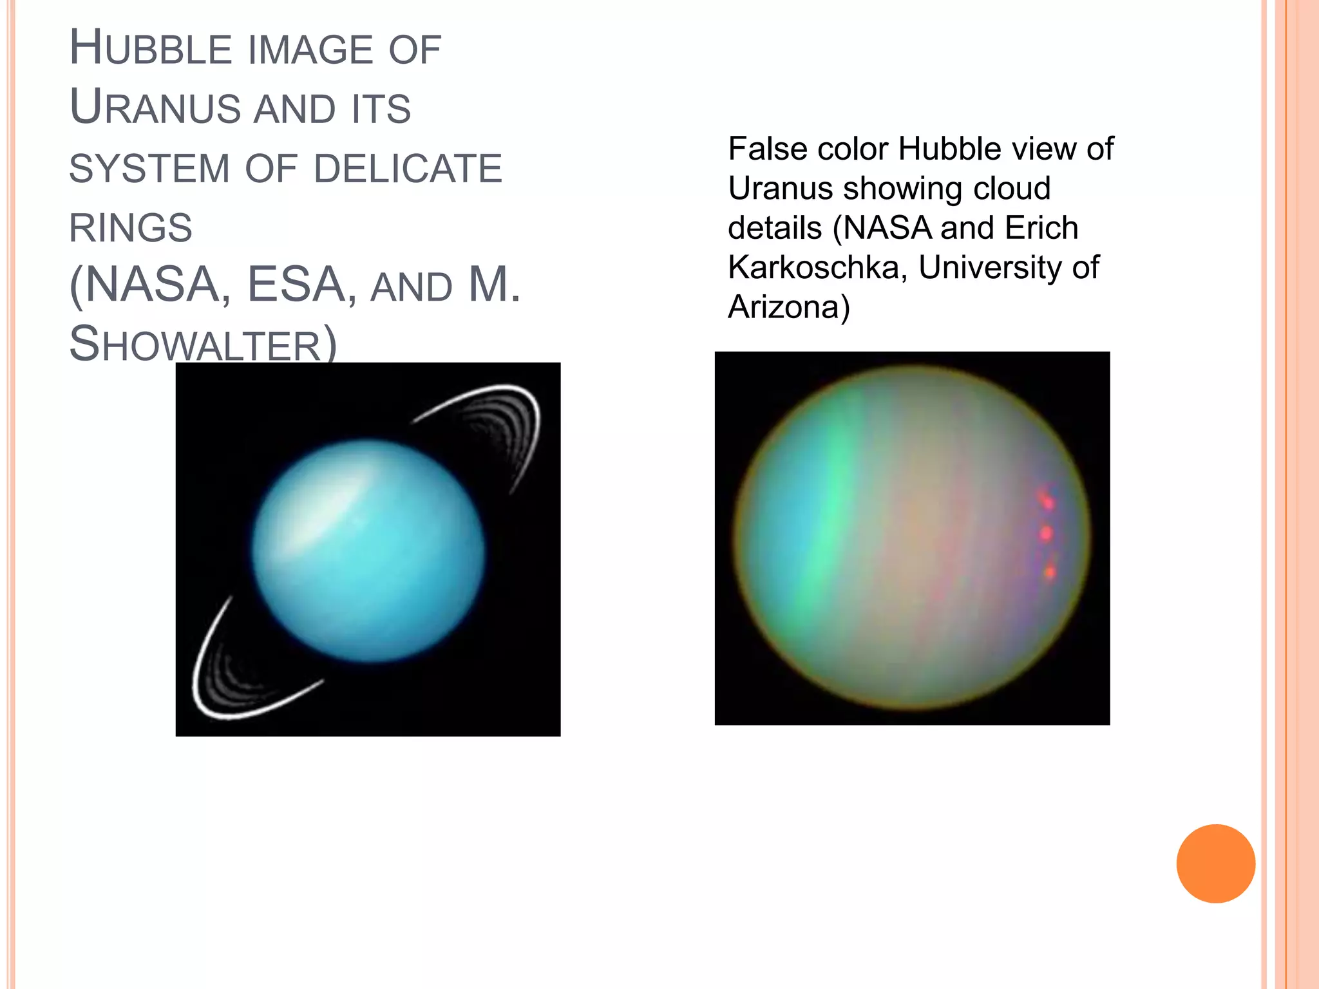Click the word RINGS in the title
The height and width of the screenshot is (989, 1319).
pyautogui.click(x=131, y=228)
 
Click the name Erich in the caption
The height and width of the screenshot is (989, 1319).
pyautogui.click(x=1041, y=228)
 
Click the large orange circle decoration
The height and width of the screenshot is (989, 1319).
pyautogui.click(x=1215, y=863)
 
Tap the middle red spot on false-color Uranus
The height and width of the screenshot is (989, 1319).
pyautogui.click(x=1046, y=532)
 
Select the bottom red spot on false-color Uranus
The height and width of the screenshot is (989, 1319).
pyautogui.click(x=1049, y=571)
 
